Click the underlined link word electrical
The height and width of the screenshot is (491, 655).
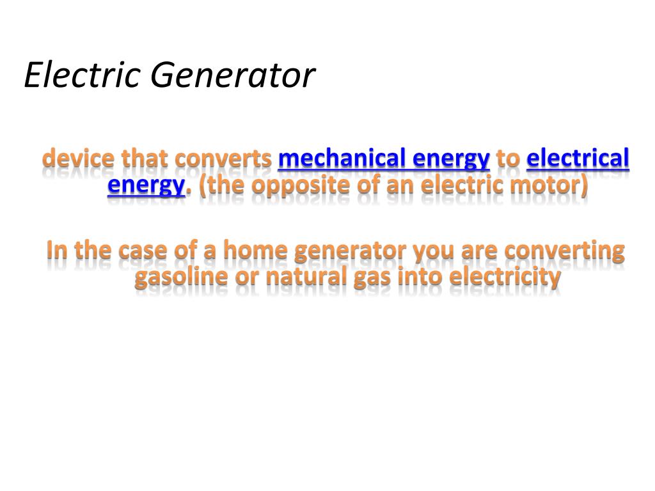pyautogui.click(x=578, y=158)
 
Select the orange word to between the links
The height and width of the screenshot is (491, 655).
pyautogui.click(x=508, y=159)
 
